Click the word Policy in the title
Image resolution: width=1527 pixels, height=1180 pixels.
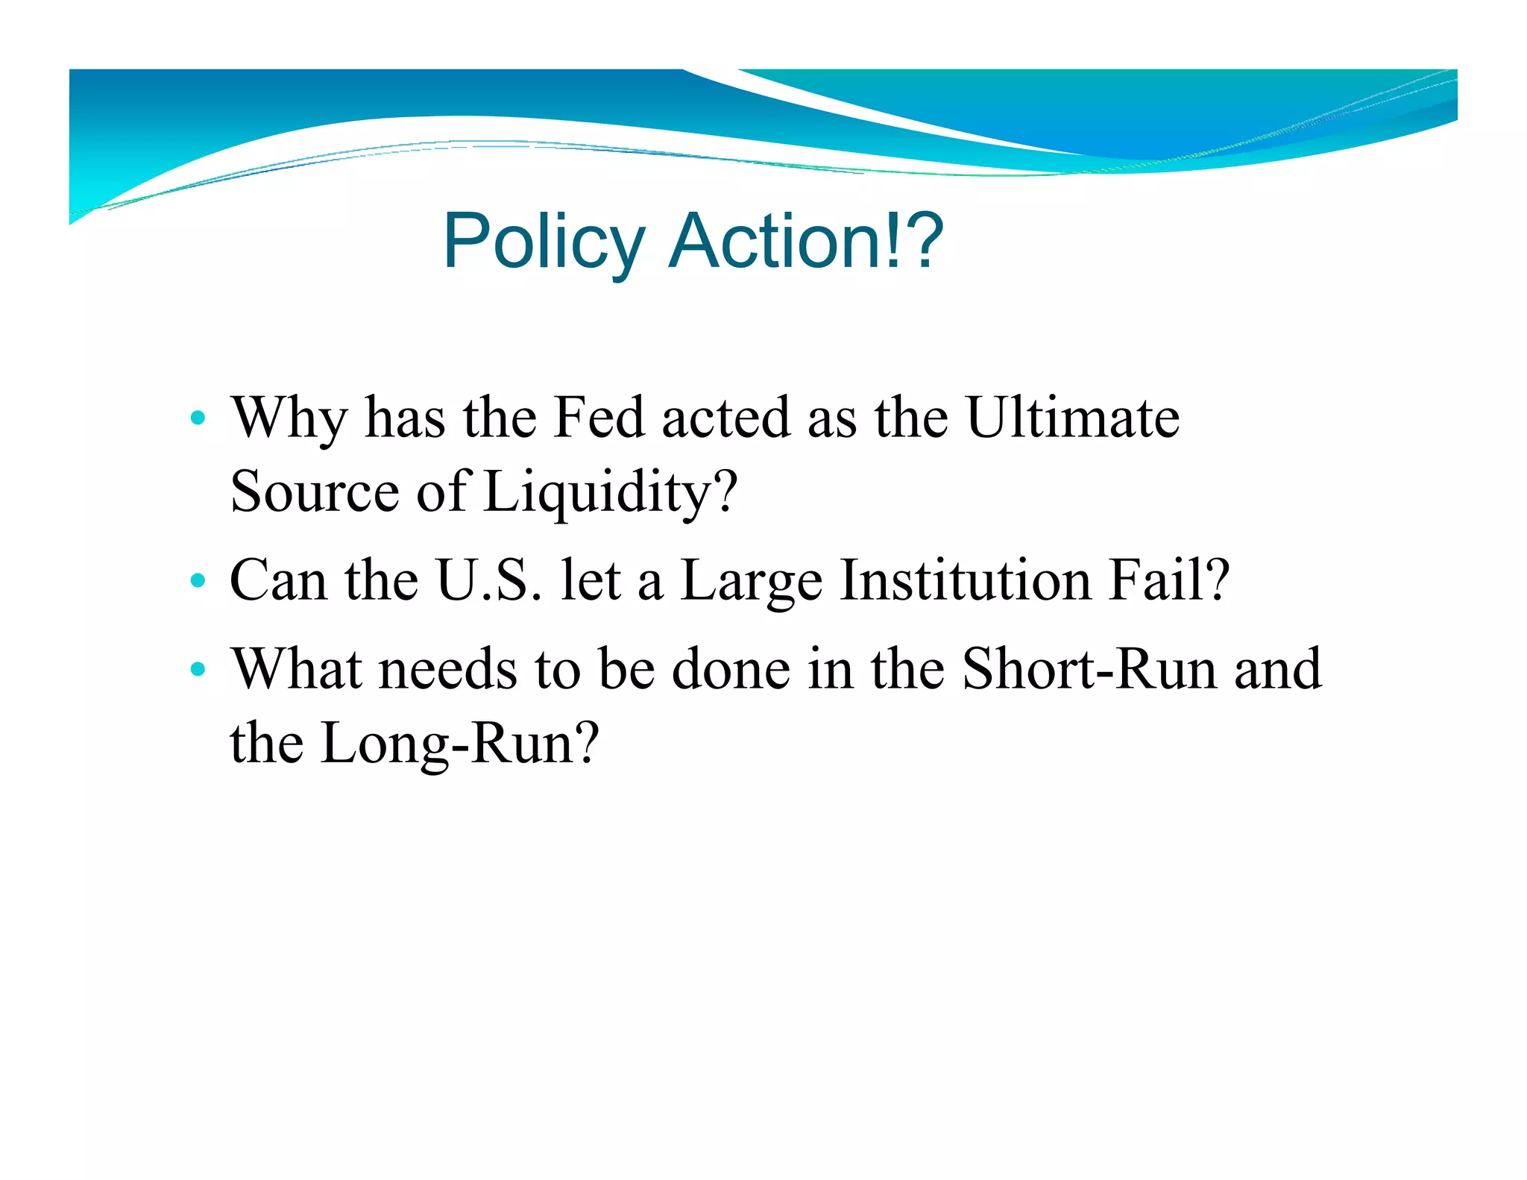[x=544, y=242]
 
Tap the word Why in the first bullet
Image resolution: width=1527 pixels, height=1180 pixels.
[x=289, y=418]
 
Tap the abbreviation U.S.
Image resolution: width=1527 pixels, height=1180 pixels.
[x=489, y=580]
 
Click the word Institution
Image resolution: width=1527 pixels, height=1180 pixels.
[x=966, y=580]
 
